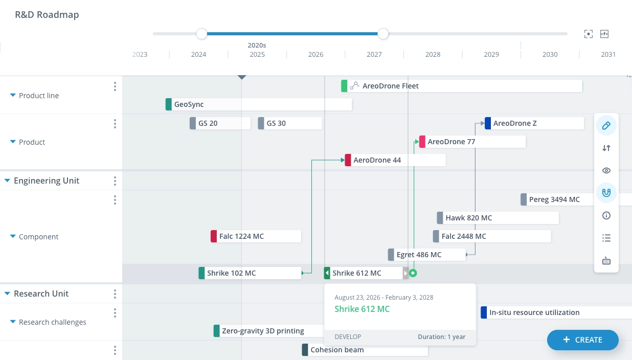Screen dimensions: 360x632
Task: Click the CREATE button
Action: point(582,340)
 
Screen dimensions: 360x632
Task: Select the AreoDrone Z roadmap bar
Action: point(534,123)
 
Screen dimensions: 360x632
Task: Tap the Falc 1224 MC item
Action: point(256,236)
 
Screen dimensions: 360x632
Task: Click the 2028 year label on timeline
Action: point(433,55)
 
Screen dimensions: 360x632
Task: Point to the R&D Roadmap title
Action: point(47,15)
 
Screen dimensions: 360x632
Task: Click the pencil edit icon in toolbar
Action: point(606,125)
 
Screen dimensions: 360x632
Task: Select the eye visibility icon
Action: point(606,170)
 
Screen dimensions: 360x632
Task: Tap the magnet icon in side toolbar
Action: point(606,193)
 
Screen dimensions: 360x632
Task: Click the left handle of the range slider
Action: point(201,34)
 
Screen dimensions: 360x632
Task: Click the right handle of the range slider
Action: point(383,34)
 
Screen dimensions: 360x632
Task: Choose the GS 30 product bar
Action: point(290,123)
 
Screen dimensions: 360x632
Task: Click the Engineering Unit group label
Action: point(47,181)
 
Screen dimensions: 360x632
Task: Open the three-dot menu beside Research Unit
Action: point(115,294)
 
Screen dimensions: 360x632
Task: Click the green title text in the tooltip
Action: point(362,309)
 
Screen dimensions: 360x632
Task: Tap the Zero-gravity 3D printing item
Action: point(264,331)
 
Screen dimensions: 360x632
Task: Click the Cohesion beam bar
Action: point(365,350)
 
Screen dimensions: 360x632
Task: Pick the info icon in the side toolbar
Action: point(606,215)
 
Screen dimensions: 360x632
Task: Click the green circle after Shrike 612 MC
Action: point(413,273)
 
